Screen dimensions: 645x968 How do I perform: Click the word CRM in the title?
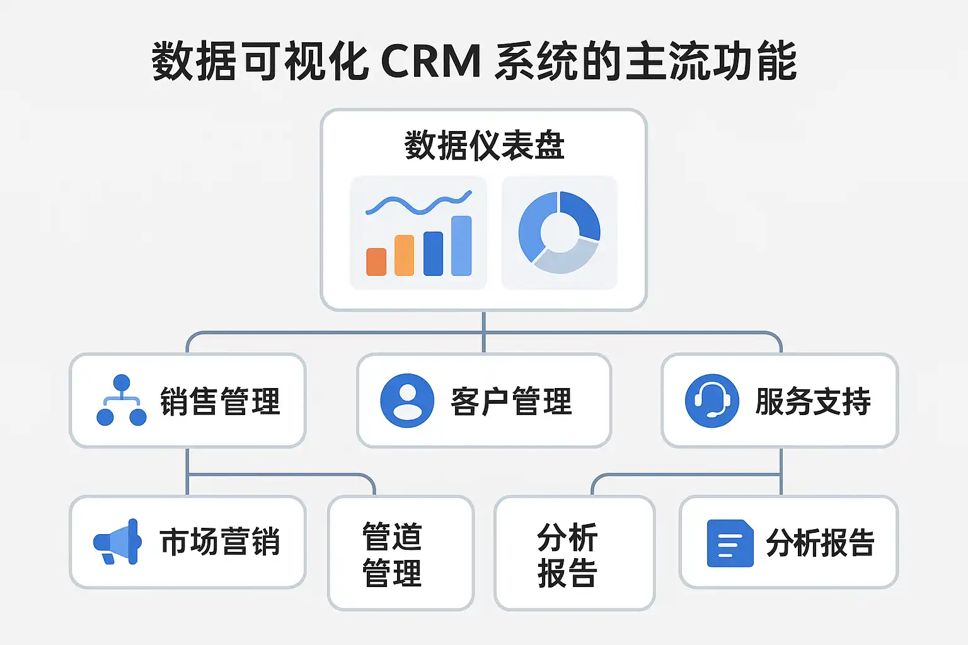(x=431, y=62)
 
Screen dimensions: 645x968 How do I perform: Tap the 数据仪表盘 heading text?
(x=484, y=146)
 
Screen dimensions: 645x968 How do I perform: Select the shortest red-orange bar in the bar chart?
(x=376, y=261)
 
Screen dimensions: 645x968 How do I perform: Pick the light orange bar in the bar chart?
(x=404, y=255)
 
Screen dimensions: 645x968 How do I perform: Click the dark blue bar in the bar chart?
(x=433, y=253)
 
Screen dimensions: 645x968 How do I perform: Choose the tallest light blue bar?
(x=461, y=246)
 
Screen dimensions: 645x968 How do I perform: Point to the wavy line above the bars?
(x=418, y=204)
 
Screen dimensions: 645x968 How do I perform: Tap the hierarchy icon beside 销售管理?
(x=122, y=401)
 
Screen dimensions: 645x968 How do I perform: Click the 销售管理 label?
(x=219, y=401)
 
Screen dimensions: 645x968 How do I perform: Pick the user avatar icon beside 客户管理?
(x=407, y=401)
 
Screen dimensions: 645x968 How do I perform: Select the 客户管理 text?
(x=511, y=401)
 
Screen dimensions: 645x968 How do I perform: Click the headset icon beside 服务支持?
(x=712, y=401)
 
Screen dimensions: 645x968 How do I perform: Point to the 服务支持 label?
(x=813, y=401)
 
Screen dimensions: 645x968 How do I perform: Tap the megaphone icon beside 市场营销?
(x=117, y=542)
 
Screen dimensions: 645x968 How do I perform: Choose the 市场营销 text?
(x=219, y=542)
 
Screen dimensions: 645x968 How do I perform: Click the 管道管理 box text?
(x=392, y=554)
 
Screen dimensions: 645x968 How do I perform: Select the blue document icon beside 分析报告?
(x=730, y=543)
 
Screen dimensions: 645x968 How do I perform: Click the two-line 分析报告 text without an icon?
(x=567, y=554)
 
